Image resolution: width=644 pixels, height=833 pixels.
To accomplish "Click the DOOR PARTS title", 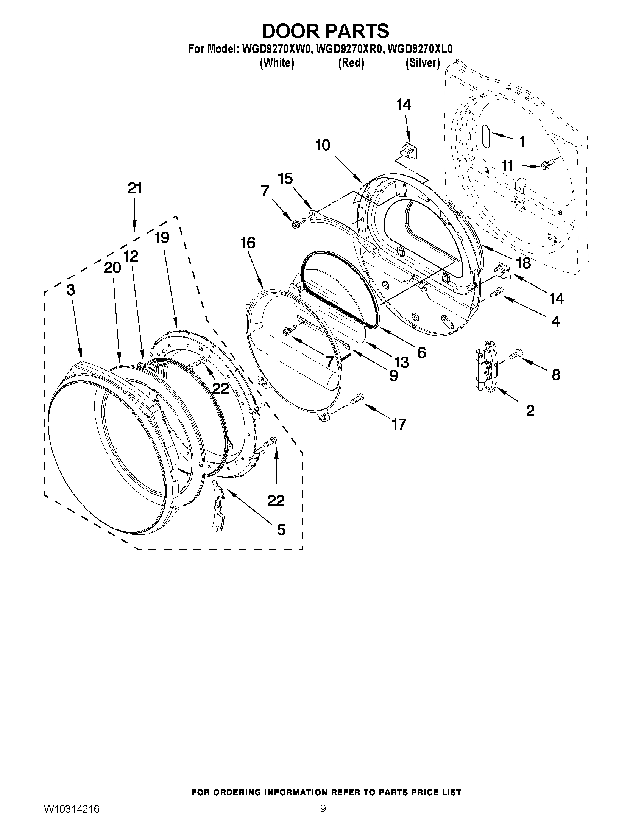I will [326, 31].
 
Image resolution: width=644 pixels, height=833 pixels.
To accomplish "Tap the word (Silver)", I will [423, 62].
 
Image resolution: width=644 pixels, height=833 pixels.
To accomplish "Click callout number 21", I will [135, 188].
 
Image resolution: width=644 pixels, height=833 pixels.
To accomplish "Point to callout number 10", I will [323, 145].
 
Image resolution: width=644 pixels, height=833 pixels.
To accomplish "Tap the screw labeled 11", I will [547, 165].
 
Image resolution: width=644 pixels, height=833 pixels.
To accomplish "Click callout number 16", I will [248, 243].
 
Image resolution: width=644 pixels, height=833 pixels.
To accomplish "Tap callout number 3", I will [70, 290].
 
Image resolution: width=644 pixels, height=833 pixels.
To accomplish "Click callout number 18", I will [524, 263].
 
